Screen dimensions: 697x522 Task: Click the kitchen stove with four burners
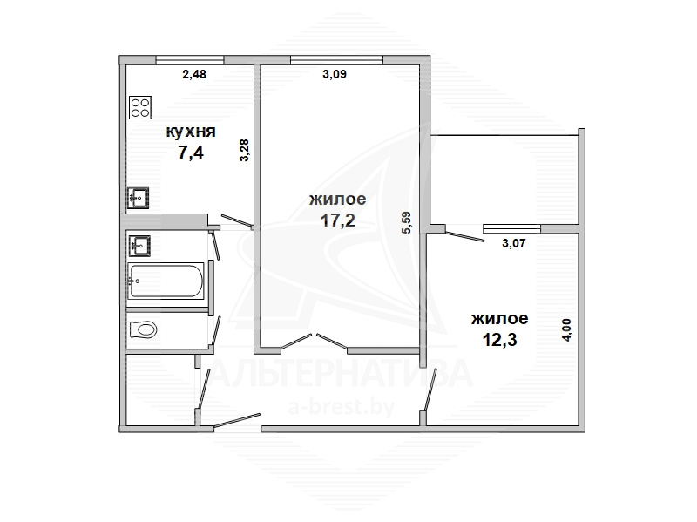140,107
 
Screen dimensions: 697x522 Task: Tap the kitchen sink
139,198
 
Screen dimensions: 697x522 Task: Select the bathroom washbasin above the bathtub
139,246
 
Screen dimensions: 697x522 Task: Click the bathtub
166,281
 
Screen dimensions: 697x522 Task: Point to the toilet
143,330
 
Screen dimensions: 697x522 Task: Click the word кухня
191,132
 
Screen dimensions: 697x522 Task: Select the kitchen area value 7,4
191,153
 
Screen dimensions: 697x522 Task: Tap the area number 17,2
338,220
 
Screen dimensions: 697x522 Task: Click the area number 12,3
499,340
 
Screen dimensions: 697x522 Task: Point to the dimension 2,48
194,74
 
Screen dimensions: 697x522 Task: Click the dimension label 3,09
335,74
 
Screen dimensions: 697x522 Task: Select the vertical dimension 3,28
245,150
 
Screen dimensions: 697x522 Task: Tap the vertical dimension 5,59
407,222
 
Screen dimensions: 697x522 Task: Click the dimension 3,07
514,244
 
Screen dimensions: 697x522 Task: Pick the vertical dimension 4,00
567,330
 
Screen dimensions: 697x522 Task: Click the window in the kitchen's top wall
190,60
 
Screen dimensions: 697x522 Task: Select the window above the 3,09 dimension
336,60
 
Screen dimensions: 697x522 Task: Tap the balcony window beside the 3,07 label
512,228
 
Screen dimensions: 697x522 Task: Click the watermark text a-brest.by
342,407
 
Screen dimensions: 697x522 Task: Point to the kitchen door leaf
237,220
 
